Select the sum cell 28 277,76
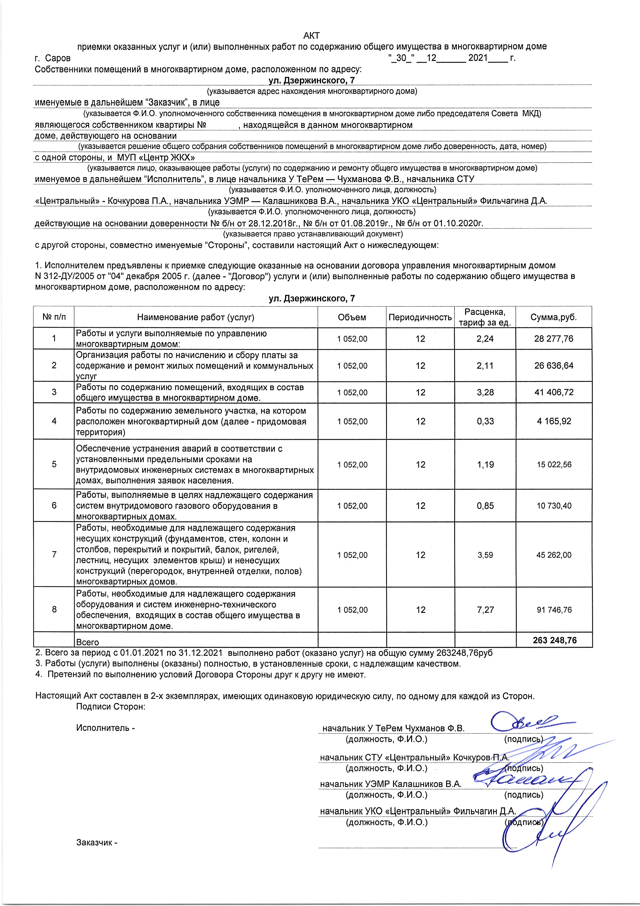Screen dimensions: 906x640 [x=554, y=339]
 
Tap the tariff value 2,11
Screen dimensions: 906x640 [x=485, y=365]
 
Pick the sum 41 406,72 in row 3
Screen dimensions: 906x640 [x=554, y=392]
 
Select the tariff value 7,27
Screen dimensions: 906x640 [x=485, y=610]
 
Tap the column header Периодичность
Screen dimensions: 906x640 [x=420, y=317]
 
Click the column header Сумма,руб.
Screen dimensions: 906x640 [x=554, y=317]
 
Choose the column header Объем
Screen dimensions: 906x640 [x=352, y=317]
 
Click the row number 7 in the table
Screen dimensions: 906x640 [x=54, y=554]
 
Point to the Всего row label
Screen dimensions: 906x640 [x=87, y=642]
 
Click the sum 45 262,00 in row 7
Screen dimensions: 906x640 [x=554, y=555]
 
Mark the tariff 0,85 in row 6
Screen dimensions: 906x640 [x=485, y=505]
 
